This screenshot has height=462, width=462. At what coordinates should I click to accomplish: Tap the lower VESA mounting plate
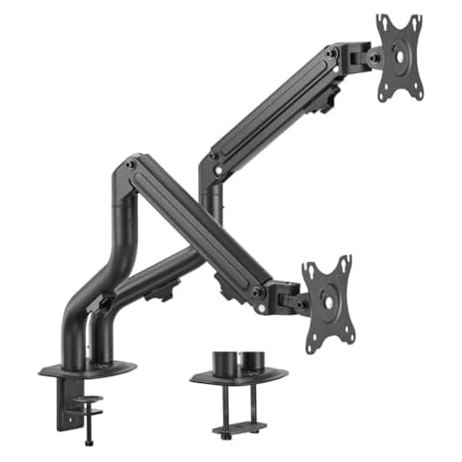[x=327, y=297]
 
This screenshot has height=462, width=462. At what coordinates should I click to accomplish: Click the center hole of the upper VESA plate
[x=398, y=57]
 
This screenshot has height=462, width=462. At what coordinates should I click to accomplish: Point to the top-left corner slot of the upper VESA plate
[x=382, y=21]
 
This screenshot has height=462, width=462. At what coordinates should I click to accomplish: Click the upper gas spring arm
[x=279, y=106]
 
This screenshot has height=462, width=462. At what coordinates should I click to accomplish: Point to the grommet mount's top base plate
[x=238, y=378]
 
